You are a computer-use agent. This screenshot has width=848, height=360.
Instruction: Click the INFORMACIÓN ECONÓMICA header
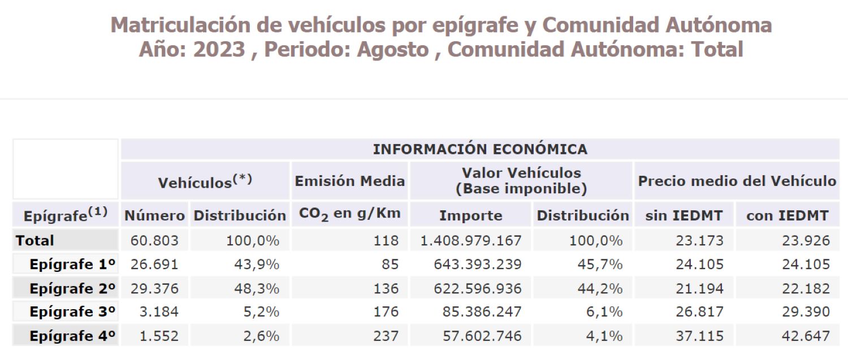tap(480, 149)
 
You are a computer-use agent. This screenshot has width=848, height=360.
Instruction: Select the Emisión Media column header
tap(350, 181)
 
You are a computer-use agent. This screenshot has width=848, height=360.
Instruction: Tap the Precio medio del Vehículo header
tap(737, 181)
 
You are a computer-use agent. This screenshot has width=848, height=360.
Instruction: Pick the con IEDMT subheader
tap(787, 215)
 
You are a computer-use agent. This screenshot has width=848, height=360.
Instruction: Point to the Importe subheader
tap(470, 215)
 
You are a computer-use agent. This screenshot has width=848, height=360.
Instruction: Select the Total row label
tap(35, 241)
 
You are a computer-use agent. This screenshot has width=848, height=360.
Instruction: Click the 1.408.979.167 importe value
tap(471, 241)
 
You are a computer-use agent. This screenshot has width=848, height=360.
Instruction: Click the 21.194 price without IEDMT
tap(699, 288)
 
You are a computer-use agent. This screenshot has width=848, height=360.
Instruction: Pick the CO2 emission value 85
tap(390, 264)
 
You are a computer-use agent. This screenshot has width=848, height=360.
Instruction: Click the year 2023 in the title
tap(220, 50)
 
